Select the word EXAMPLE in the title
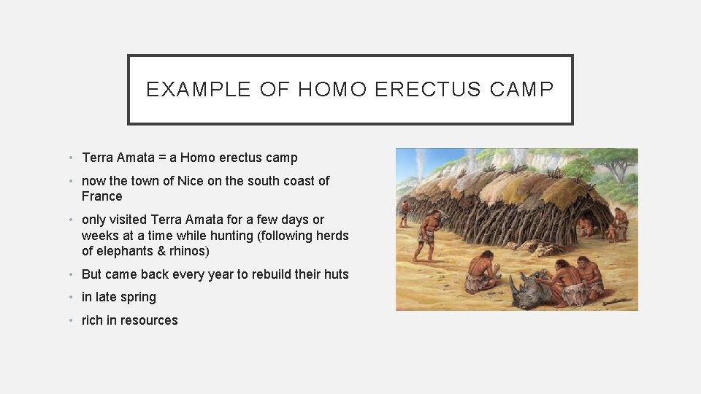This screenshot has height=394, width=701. pyautogui.click(x=189, y=90)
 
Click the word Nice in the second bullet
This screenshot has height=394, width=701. pyautogui.click(x=191, y=181)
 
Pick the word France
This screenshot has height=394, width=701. pyautogui.click(x=101, y=196)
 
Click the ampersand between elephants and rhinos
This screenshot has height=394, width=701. pyautogui.click(x=161, y=251)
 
